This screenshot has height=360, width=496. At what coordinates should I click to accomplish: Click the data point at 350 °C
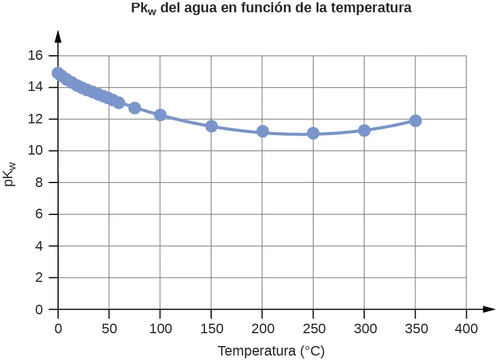click(x=415, y=121)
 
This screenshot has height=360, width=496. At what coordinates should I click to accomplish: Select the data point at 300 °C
click(x=364, y=131)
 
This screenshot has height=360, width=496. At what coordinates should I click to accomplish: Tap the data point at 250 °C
click(x=313, y=133)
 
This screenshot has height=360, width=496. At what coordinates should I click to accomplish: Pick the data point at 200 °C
click(x=263, y=131)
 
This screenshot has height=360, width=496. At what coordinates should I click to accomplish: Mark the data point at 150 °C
click(x=211, y=126)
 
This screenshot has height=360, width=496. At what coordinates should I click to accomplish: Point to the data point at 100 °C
click(x=160, y=115)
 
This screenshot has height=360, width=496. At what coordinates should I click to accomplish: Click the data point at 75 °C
click(x=135, y=108)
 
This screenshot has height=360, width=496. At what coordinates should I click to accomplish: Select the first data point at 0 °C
click(x=58, y=73)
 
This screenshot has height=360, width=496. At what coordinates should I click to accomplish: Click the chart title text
click(x=271, y=9)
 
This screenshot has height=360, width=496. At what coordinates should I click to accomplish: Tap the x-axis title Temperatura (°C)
click(x=271, y=351)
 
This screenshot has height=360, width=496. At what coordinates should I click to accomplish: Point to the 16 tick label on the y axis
click(x=35, y=56)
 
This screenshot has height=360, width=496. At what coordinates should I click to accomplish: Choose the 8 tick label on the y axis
click(x=39, y=183)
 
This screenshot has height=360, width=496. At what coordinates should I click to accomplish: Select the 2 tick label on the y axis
click(x=39, y=278)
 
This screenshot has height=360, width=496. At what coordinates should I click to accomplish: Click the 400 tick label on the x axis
click(x=466, y=329)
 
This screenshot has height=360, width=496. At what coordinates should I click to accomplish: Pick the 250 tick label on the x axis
click(x=313, y=329)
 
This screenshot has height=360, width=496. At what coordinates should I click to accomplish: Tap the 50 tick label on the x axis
click(x=109, y=329)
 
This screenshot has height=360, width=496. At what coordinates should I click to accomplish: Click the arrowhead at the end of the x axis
click(x=489, y=309)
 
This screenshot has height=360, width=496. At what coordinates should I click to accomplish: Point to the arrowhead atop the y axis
click(x=58, y=36)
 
